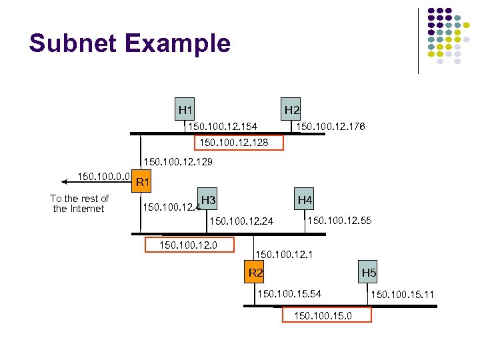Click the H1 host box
pos(185,109)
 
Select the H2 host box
pos(291,109)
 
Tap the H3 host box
pos(208,199)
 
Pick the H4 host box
pos(305,199)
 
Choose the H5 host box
pos(369,272)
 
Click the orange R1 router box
pos(142,181)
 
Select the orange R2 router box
pos(256,272)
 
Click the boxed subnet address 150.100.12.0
pos(190,245)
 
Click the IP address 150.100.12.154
pos(223,126)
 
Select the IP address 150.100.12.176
pos(331,126)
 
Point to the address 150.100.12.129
pos(179,162)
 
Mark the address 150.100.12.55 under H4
pos(339,220)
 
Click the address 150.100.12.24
pos(241,221)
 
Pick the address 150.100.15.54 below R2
pos(289,293)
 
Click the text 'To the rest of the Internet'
pos(79,203)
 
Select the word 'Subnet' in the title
pos(72,43)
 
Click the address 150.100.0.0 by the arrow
pos(103,177)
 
